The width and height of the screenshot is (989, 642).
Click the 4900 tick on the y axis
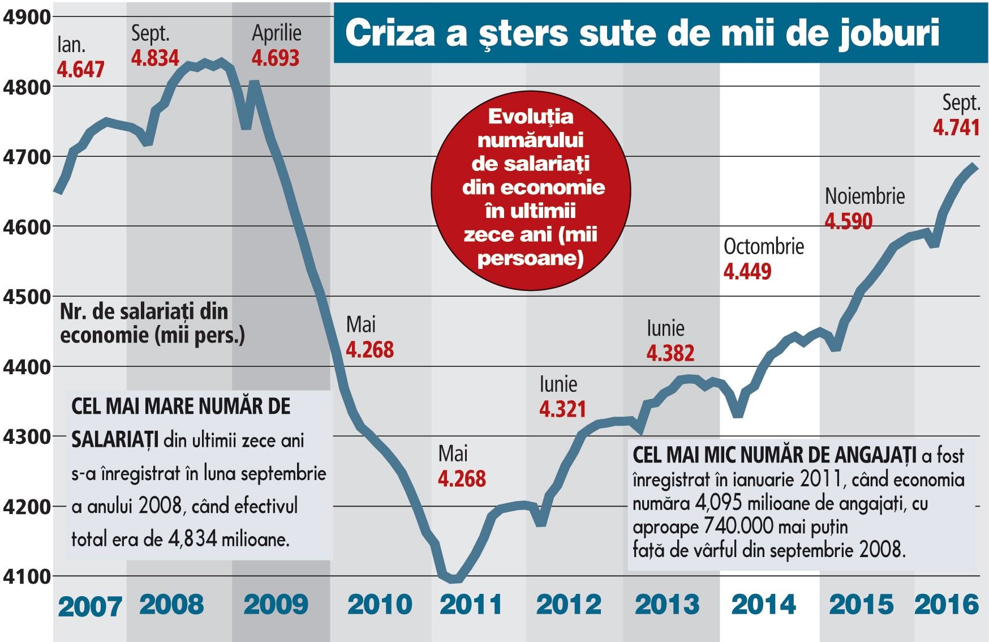27,17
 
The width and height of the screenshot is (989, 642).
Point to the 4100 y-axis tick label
27,577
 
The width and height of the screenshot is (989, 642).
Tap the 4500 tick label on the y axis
27,297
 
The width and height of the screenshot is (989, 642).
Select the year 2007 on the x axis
90,607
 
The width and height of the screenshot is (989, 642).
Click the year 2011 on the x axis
471,605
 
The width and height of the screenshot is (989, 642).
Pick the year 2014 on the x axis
763,605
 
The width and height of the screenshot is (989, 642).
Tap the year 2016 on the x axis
947,605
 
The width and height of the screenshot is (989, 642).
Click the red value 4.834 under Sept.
155,58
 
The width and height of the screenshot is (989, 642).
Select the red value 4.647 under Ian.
80,70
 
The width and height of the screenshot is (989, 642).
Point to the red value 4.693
276,58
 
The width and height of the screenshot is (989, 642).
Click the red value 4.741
956,127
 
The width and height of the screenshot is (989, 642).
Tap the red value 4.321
562,409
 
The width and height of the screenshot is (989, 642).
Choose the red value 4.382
670,353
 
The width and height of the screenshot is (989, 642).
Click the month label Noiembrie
865,196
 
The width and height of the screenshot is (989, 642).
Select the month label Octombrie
764,246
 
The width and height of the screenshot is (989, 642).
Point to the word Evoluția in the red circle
531,117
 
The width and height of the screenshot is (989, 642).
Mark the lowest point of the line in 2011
454,579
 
